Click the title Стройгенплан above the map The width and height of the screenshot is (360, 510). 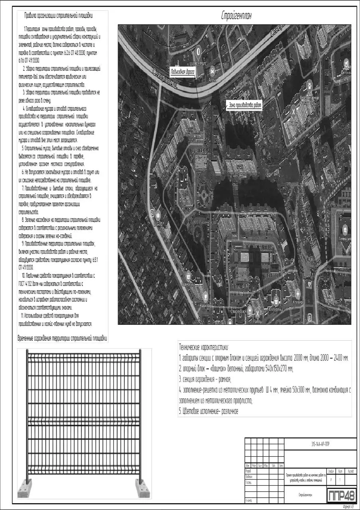tap(236, 16)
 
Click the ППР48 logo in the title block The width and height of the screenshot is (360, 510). tap(342, 495)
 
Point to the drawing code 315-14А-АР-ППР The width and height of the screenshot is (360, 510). tap(321, 444)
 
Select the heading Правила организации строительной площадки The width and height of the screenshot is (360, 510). tap(59, 16)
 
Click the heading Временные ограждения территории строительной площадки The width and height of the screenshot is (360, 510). tap(63, 338)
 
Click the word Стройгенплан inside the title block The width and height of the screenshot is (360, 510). tap(305, 494)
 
